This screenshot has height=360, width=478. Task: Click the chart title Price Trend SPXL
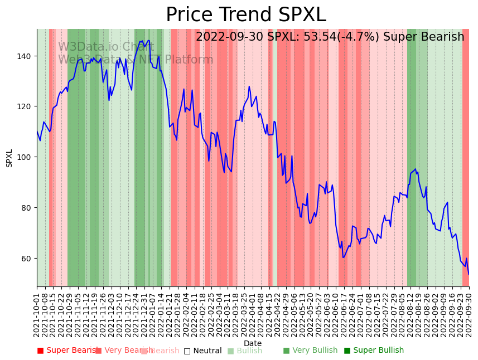245,15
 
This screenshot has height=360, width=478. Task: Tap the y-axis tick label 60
25,259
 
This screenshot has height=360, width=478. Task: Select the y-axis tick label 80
25,208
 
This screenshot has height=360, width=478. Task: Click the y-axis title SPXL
9,158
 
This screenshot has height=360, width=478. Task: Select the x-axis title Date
253,344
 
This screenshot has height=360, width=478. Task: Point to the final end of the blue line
469,274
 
